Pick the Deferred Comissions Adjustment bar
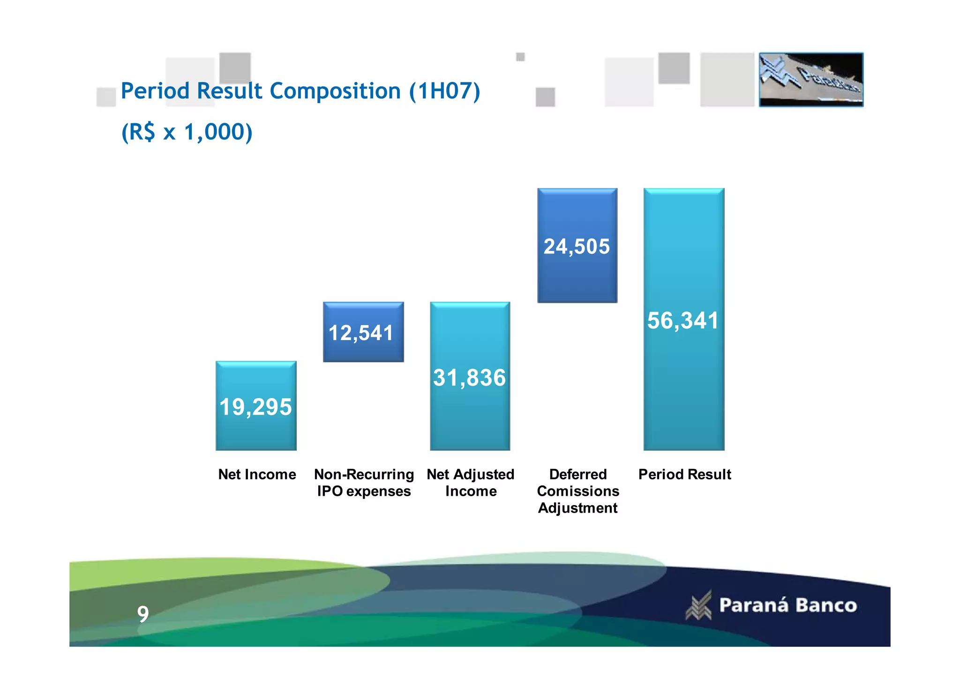[577, 276]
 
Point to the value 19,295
[255, 407]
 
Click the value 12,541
[361, 333]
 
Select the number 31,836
[469, 378]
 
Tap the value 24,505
[577, 246]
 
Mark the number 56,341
[683, 321]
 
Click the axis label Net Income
[257, 474]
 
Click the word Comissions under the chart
[578, 491]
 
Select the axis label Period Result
[684, 474]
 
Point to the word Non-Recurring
[364, 474]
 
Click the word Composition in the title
[335, 91]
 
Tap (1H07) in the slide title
[444, 91]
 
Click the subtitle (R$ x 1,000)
[187, 132]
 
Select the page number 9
[143, 614]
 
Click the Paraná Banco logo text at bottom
[787, 605]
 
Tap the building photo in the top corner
[811, 80]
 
